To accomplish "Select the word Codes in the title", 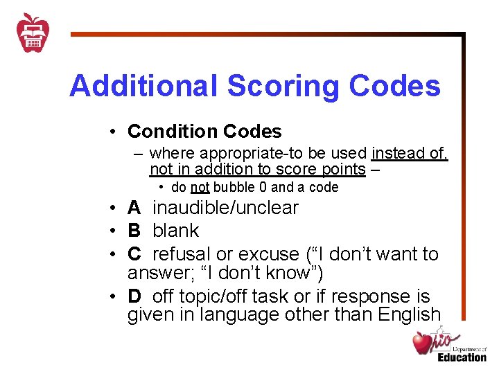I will pyautogui.click(x=395, y=87).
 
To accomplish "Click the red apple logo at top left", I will pyautogui.click(x=33, y=33).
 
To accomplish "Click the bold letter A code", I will pyautogui.click(x=134, y=208).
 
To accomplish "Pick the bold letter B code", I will pyautogui.click(x=134, y=231).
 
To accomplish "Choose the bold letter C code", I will pyautogui.click(x=134, y=254).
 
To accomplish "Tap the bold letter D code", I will pyautogui.click(x=134, y=296).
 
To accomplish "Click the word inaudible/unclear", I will pyautogui.click(x=226, y=208).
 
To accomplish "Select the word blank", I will pyautogui.click(x=176, y=231).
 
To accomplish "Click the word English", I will pyautogui.click(x=410, y=314).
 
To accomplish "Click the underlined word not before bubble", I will pyautogui.click(x=200, y=188).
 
